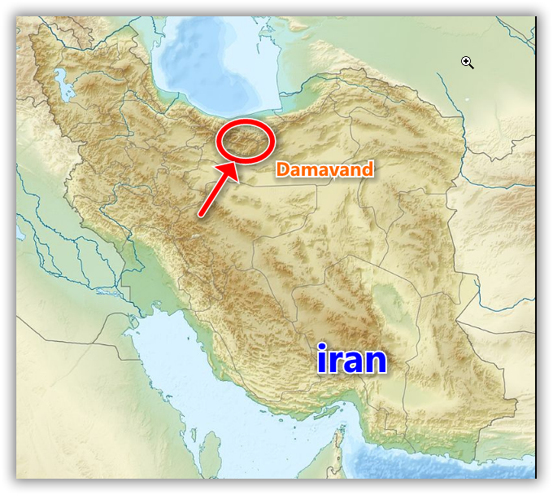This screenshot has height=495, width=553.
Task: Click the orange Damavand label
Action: click(x=324, y=169)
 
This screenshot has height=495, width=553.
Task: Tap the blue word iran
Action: click(x=351, y=359)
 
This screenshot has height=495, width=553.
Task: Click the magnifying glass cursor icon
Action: click(x=467, y=62)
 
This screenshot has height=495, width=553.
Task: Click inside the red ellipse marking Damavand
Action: click(x=246, y=140)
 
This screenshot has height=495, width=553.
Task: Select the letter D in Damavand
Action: click(x=281, y=169)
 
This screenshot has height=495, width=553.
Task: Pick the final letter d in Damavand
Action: click(x=368, y=169)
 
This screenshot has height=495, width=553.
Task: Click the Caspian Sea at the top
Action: click(x=203, y=65)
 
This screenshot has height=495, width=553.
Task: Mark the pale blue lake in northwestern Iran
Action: click(x=58, y=81)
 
